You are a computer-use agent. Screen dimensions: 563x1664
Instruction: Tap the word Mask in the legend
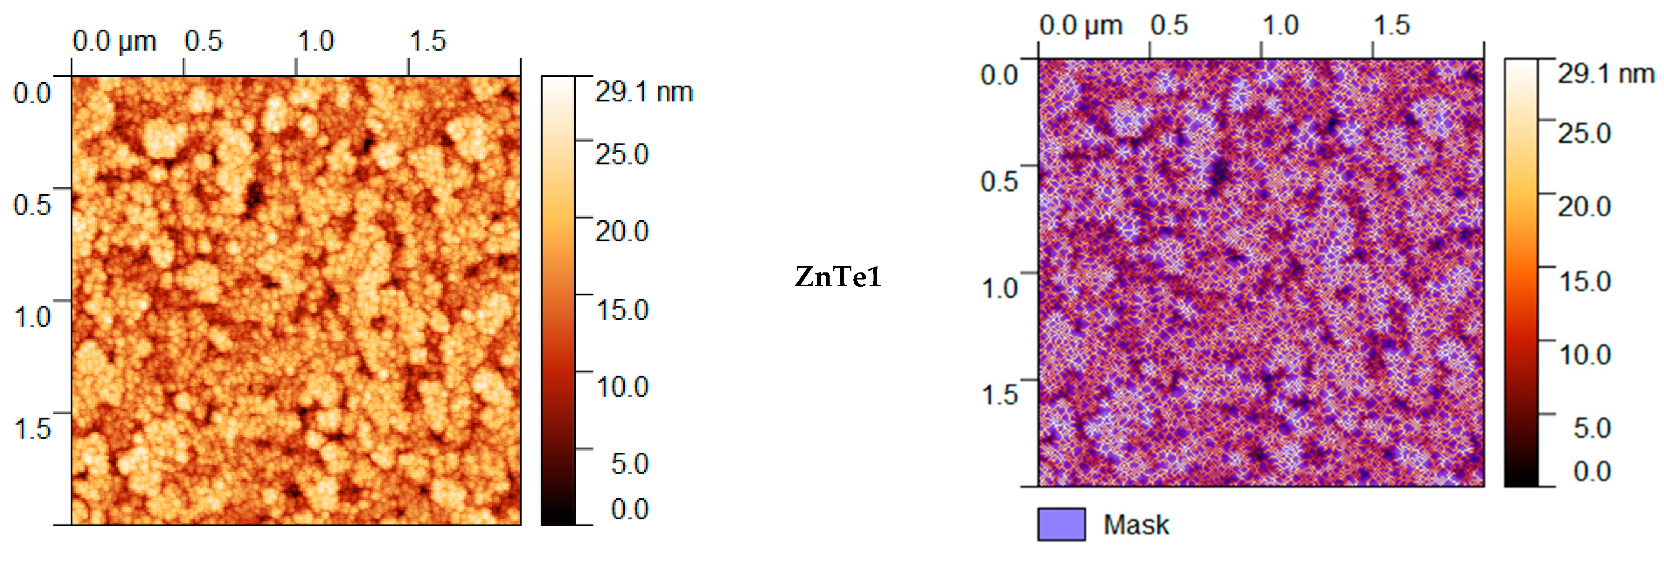pos(1136,524)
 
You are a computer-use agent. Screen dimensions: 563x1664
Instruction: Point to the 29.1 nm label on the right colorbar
pos(1605,74)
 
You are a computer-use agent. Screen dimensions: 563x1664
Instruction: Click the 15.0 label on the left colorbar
pos(621,309)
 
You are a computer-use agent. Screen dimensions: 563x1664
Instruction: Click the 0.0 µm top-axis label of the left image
pos(114,42)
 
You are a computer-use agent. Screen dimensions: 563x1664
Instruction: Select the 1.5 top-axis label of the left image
pos(427,42)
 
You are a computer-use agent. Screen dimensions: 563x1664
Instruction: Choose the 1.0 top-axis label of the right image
pos(1280,26)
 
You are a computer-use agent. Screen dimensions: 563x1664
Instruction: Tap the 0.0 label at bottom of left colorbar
pos(629,509)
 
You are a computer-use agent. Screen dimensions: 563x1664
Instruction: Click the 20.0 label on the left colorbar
pos(621,231)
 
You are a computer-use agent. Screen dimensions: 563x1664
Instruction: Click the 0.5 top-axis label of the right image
pos(1169,26)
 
